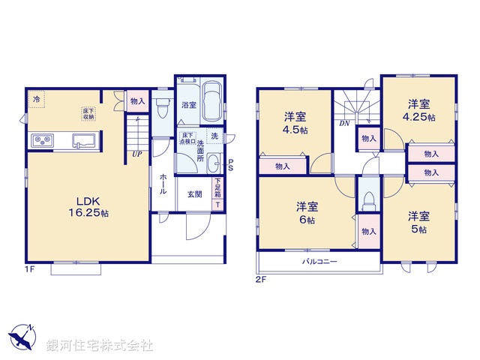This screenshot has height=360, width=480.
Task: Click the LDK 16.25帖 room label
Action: coord(90,206)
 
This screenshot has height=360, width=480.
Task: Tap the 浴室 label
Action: coord(188,106)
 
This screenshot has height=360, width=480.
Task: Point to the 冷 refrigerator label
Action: coord(35,98)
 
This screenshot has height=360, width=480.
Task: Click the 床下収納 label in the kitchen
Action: coord(89,114)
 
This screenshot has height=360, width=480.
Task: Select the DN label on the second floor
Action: coord(343,123)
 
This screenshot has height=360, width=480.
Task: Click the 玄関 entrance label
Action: coord(194,193)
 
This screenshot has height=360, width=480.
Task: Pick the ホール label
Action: coord(163,184)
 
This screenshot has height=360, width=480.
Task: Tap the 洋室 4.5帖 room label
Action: coord(294,122)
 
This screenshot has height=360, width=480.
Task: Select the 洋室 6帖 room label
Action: coord(305,211)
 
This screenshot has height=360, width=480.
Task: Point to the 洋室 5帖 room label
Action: coord(419,222)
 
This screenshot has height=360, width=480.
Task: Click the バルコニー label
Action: coord(319,262)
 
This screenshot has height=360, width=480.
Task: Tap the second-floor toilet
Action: coord(367,200)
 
